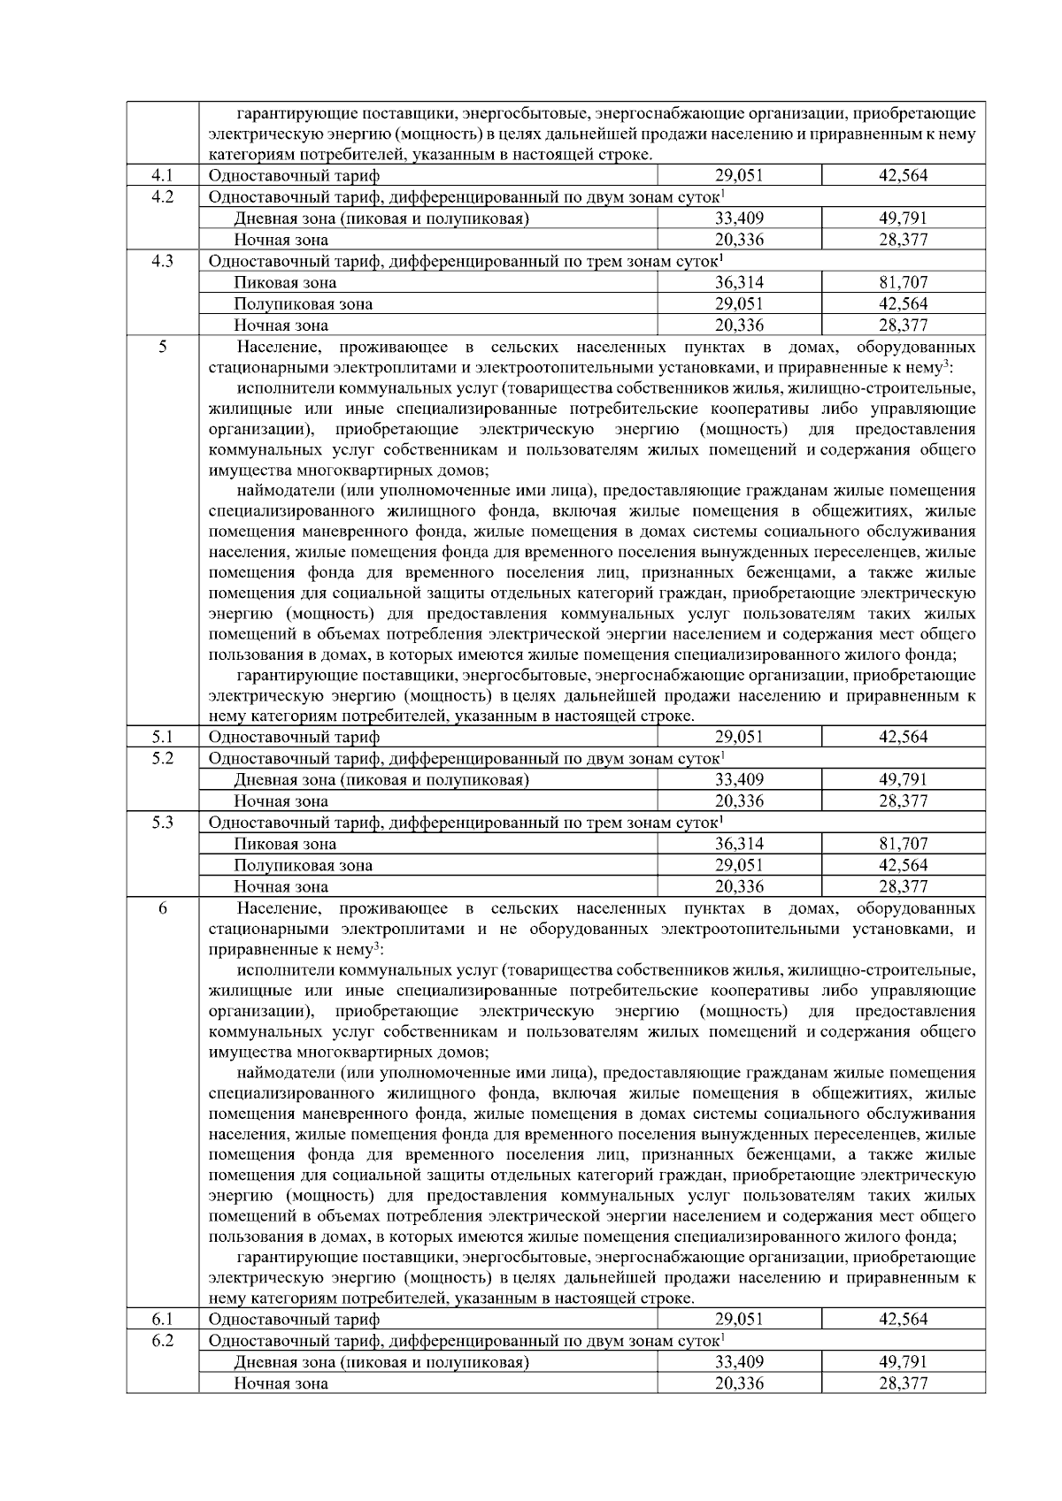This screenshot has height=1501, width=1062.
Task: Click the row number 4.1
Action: [x=162, y=175]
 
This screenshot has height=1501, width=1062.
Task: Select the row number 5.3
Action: [x=162, y=823]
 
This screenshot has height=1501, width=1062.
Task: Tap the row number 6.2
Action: [x=162, y=1340]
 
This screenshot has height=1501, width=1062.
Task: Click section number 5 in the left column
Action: [x=162, y=347]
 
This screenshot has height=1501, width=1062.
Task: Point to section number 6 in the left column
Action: [x=162, y=908]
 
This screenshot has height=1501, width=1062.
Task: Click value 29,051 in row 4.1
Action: [x=739, y=175]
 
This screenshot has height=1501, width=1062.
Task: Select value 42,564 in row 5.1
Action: [x=903, y=737]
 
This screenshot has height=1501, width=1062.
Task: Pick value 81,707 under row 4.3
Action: [x=903, y=283]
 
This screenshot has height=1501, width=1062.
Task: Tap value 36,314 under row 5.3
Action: [x=739, y=844]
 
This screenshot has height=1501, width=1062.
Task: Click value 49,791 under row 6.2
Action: [x=903, y=1362]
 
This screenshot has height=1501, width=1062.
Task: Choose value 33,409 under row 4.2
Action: [x=739, y=218]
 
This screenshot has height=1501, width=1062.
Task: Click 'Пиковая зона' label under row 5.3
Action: [x=285, y=845]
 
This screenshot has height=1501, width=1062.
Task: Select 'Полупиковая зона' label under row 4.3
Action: [x=303, y=304]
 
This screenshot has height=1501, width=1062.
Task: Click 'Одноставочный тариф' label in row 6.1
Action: [x=294, y=1320]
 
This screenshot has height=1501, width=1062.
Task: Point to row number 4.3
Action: [x=162, y=261]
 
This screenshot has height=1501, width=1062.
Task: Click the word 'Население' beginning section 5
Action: [x=271, y=347]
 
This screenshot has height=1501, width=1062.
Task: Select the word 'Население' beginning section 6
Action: [x=271, y=908]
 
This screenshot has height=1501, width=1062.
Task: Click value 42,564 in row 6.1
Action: [x=903, y=1319]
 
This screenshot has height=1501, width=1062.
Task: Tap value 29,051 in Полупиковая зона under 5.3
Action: [x=739, y=865]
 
